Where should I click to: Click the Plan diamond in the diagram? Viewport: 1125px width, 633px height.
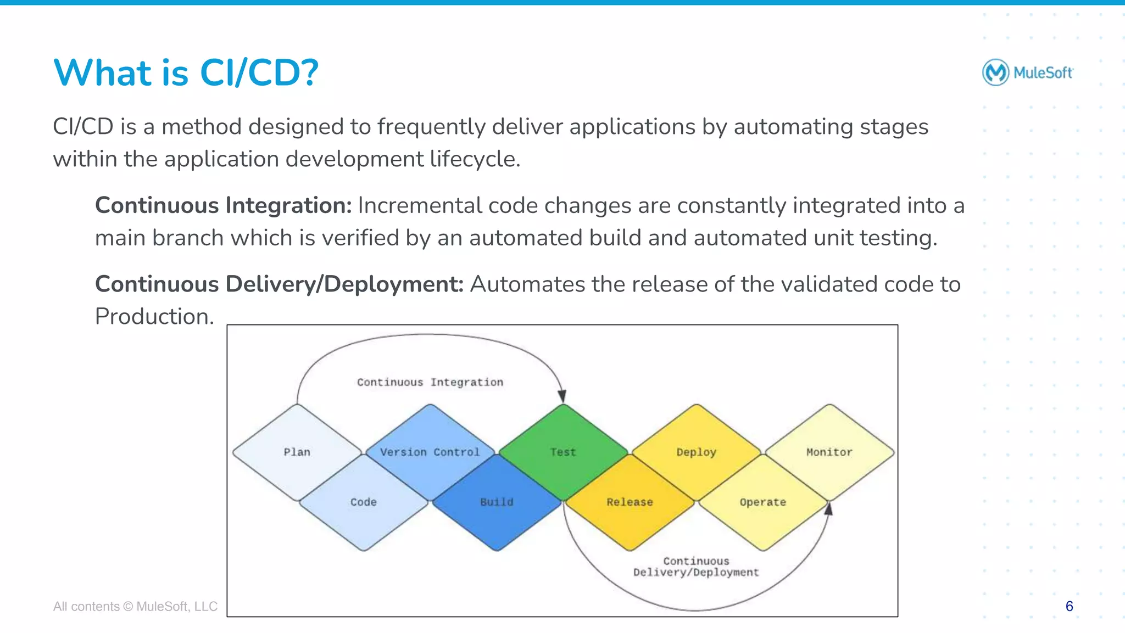coord(297,452)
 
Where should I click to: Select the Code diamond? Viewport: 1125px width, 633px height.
coord(364,502)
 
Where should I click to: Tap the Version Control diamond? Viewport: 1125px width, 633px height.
coord(430,452)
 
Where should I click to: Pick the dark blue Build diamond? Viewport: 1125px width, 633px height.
coord(497,502)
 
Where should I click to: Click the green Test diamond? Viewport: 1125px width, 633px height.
coord(563,452)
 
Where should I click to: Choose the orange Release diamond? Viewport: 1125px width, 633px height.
coord(630,502)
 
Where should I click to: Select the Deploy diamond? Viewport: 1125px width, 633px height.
coord(696,452)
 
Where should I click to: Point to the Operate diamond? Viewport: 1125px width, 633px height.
coord(762,502)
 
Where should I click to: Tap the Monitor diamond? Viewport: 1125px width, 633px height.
coord(829,452)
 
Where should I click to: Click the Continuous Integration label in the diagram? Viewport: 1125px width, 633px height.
coord(430,382)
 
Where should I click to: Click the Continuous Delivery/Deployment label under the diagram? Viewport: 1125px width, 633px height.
coord(696,567)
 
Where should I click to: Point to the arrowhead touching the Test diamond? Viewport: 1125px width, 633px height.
coord(562,396)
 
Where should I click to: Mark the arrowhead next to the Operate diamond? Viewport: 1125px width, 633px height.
coord(829,509)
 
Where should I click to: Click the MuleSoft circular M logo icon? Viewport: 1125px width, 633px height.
coord(995,72)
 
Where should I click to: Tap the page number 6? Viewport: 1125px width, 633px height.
coord(1069,606)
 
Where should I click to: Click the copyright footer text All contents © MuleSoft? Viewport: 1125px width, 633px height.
coord(135,606)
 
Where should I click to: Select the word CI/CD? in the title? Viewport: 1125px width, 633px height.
coord(259,73)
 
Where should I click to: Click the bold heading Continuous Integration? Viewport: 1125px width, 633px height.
coord(223,205)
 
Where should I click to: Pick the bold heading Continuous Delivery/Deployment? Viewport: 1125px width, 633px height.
coord(279,284)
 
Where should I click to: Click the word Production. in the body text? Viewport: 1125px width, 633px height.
coord(154,317)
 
